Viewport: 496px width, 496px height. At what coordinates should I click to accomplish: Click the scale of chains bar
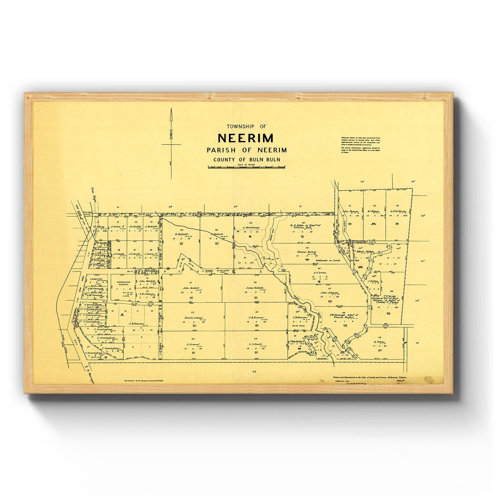(x=246, y=167)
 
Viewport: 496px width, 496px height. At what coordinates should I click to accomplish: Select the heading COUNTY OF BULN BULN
(x=246, y=159)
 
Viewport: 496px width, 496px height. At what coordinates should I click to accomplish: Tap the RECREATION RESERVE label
(x=123, y=283)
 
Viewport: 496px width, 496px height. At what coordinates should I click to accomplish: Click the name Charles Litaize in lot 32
(x=193, y=318)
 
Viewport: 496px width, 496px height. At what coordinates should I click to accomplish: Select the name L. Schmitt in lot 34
(x=256, y=344)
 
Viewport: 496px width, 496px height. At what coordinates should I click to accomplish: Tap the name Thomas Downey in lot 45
(x=307, y=252)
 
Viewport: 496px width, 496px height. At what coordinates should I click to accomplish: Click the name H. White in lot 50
(x=380, y=342)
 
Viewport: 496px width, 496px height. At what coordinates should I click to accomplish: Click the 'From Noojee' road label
(x=93, y=195)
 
